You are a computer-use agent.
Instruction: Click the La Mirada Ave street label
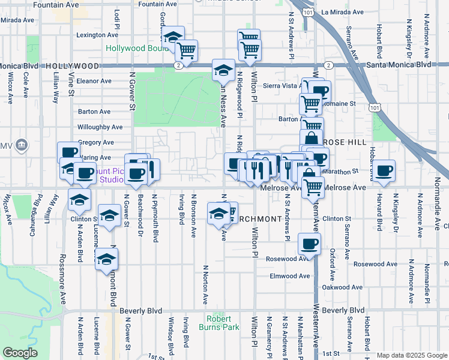tap(342, 11)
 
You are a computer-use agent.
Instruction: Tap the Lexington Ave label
tap(98, 35)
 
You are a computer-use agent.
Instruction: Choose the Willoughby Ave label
tap(100, 127)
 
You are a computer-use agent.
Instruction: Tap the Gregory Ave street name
tap(96, 142)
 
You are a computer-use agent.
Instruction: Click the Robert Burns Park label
tap(223, 323)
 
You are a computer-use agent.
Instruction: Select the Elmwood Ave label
tap(289, 276)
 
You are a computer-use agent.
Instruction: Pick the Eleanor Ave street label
tap(94, 81)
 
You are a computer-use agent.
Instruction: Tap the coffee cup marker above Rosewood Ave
tap(309, 244)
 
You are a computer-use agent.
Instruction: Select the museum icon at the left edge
tap(22, 145)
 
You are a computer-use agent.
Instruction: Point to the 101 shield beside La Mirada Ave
tap(308, 12)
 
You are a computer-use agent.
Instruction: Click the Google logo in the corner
tap(20, 353)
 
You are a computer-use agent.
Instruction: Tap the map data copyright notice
tap(411, 355)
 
